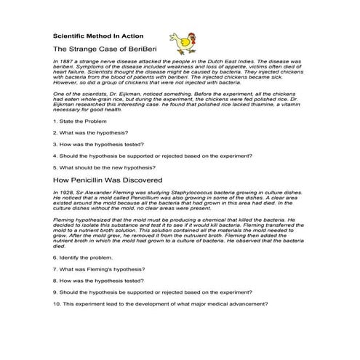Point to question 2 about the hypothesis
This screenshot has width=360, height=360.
pos(92,132)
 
